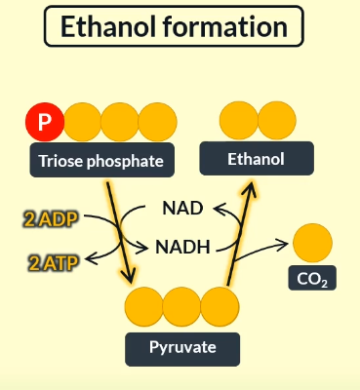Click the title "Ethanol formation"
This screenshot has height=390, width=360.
tap(180, 28)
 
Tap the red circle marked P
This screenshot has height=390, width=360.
tap(45, 123)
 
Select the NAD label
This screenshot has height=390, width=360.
tap(182, 208)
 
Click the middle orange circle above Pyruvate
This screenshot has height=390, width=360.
tap(182, 306)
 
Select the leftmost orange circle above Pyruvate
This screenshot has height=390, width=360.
tap(144, 306)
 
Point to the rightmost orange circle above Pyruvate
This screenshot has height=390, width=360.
tap(220, 306)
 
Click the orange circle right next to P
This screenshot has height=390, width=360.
tap(83, 123)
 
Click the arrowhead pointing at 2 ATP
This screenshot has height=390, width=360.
tap(89, 258)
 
